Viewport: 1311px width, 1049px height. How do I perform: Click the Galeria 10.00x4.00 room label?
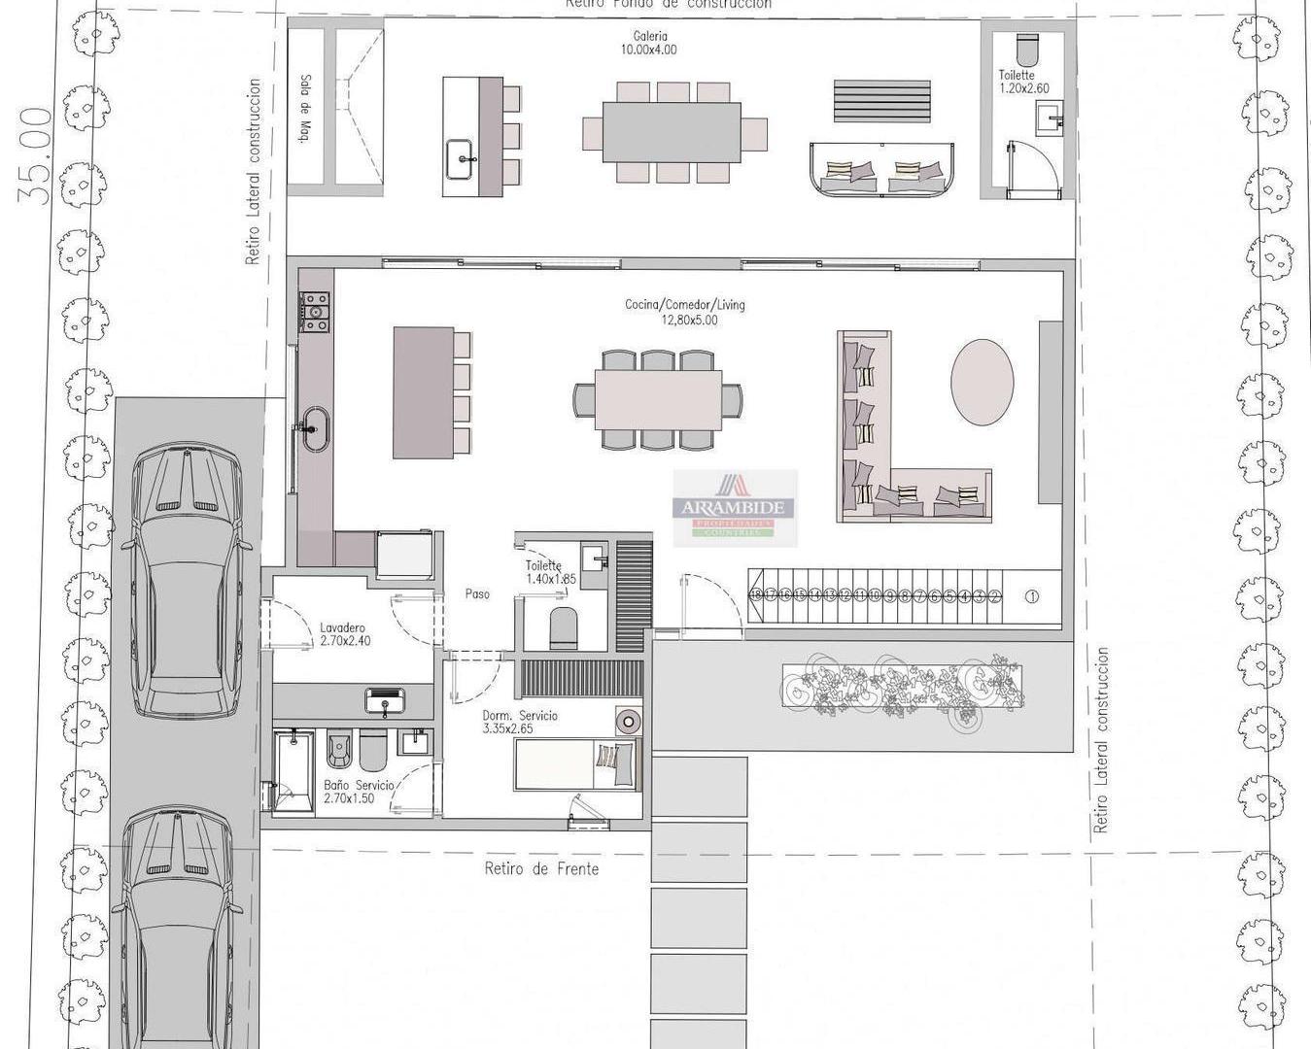pyautogui.click(x=649, y=43)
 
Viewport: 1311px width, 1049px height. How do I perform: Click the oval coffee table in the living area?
pyautogui.click(x=982, y=382)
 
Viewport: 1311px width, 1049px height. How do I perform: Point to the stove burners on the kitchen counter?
pyautogui.click(x=314, y=312)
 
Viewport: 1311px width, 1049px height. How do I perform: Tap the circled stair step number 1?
pyautogui.click(x=1032, y=596)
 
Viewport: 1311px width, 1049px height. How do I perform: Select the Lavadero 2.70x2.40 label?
pyautogui.click(x=345, y=634)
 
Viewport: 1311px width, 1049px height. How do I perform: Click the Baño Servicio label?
pyautogui.click(x=359, y=792)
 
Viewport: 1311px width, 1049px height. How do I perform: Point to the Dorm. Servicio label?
pyautogui.click(x=520, y=722)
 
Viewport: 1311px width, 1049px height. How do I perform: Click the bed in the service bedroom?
pyautogui.click(x=576, y=764)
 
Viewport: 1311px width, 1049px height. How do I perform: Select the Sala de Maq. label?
pyautogui.click(x=304, y=109)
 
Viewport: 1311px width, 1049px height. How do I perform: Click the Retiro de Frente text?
pyautogui.click(x=541, y=868)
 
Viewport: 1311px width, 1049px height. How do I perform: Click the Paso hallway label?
pyautogui.click(x=476, y=593)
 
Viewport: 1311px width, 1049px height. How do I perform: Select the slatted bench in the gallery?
pyautogui.click(x=881, y=101)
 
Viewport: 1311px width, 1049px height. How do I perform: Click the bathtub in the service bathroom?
pyautogui.click(x=293, y=771)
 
